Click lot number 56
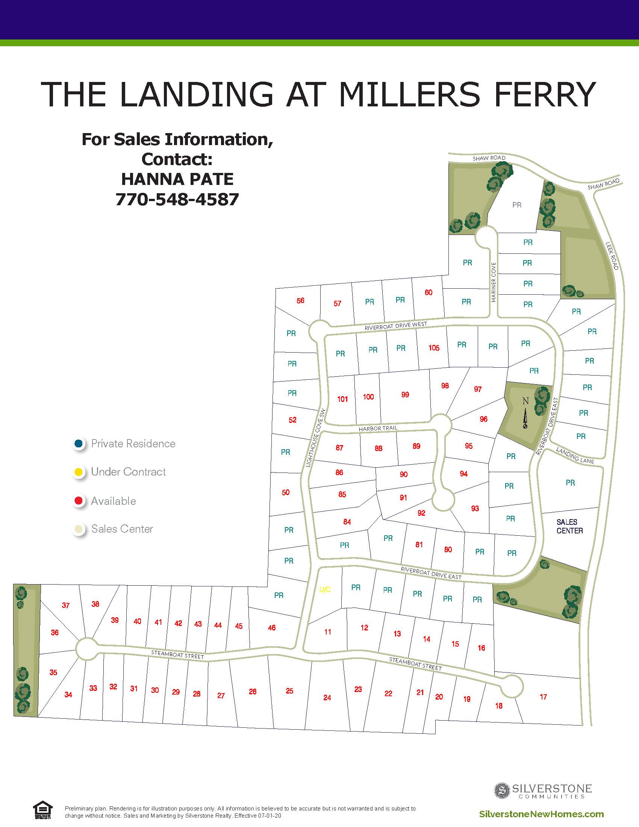point(300,301)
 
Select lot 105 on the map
point(434,348)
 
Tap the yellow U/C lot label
point(325,589)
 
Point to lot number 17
point(543,696)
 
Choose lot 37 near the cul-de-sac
point(66,605)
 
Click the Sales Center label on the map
point(569,526)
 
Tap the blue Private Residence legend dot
point(79,444)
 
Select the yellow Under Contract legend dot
point(79,472)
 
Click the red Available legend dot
point(79,501)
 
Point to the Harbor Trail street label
point(378,428)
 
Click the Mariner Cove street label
point(493,282)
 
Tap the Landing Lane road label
point(575,455)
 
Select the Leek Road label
point(612,256)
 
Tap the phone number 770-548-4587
point(177,199)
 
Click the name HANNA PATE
point(177,179)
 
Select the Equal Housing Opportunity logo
point(42,810)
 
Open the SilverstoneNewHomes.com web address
point(541,814)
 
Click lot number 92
point(421,513)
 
